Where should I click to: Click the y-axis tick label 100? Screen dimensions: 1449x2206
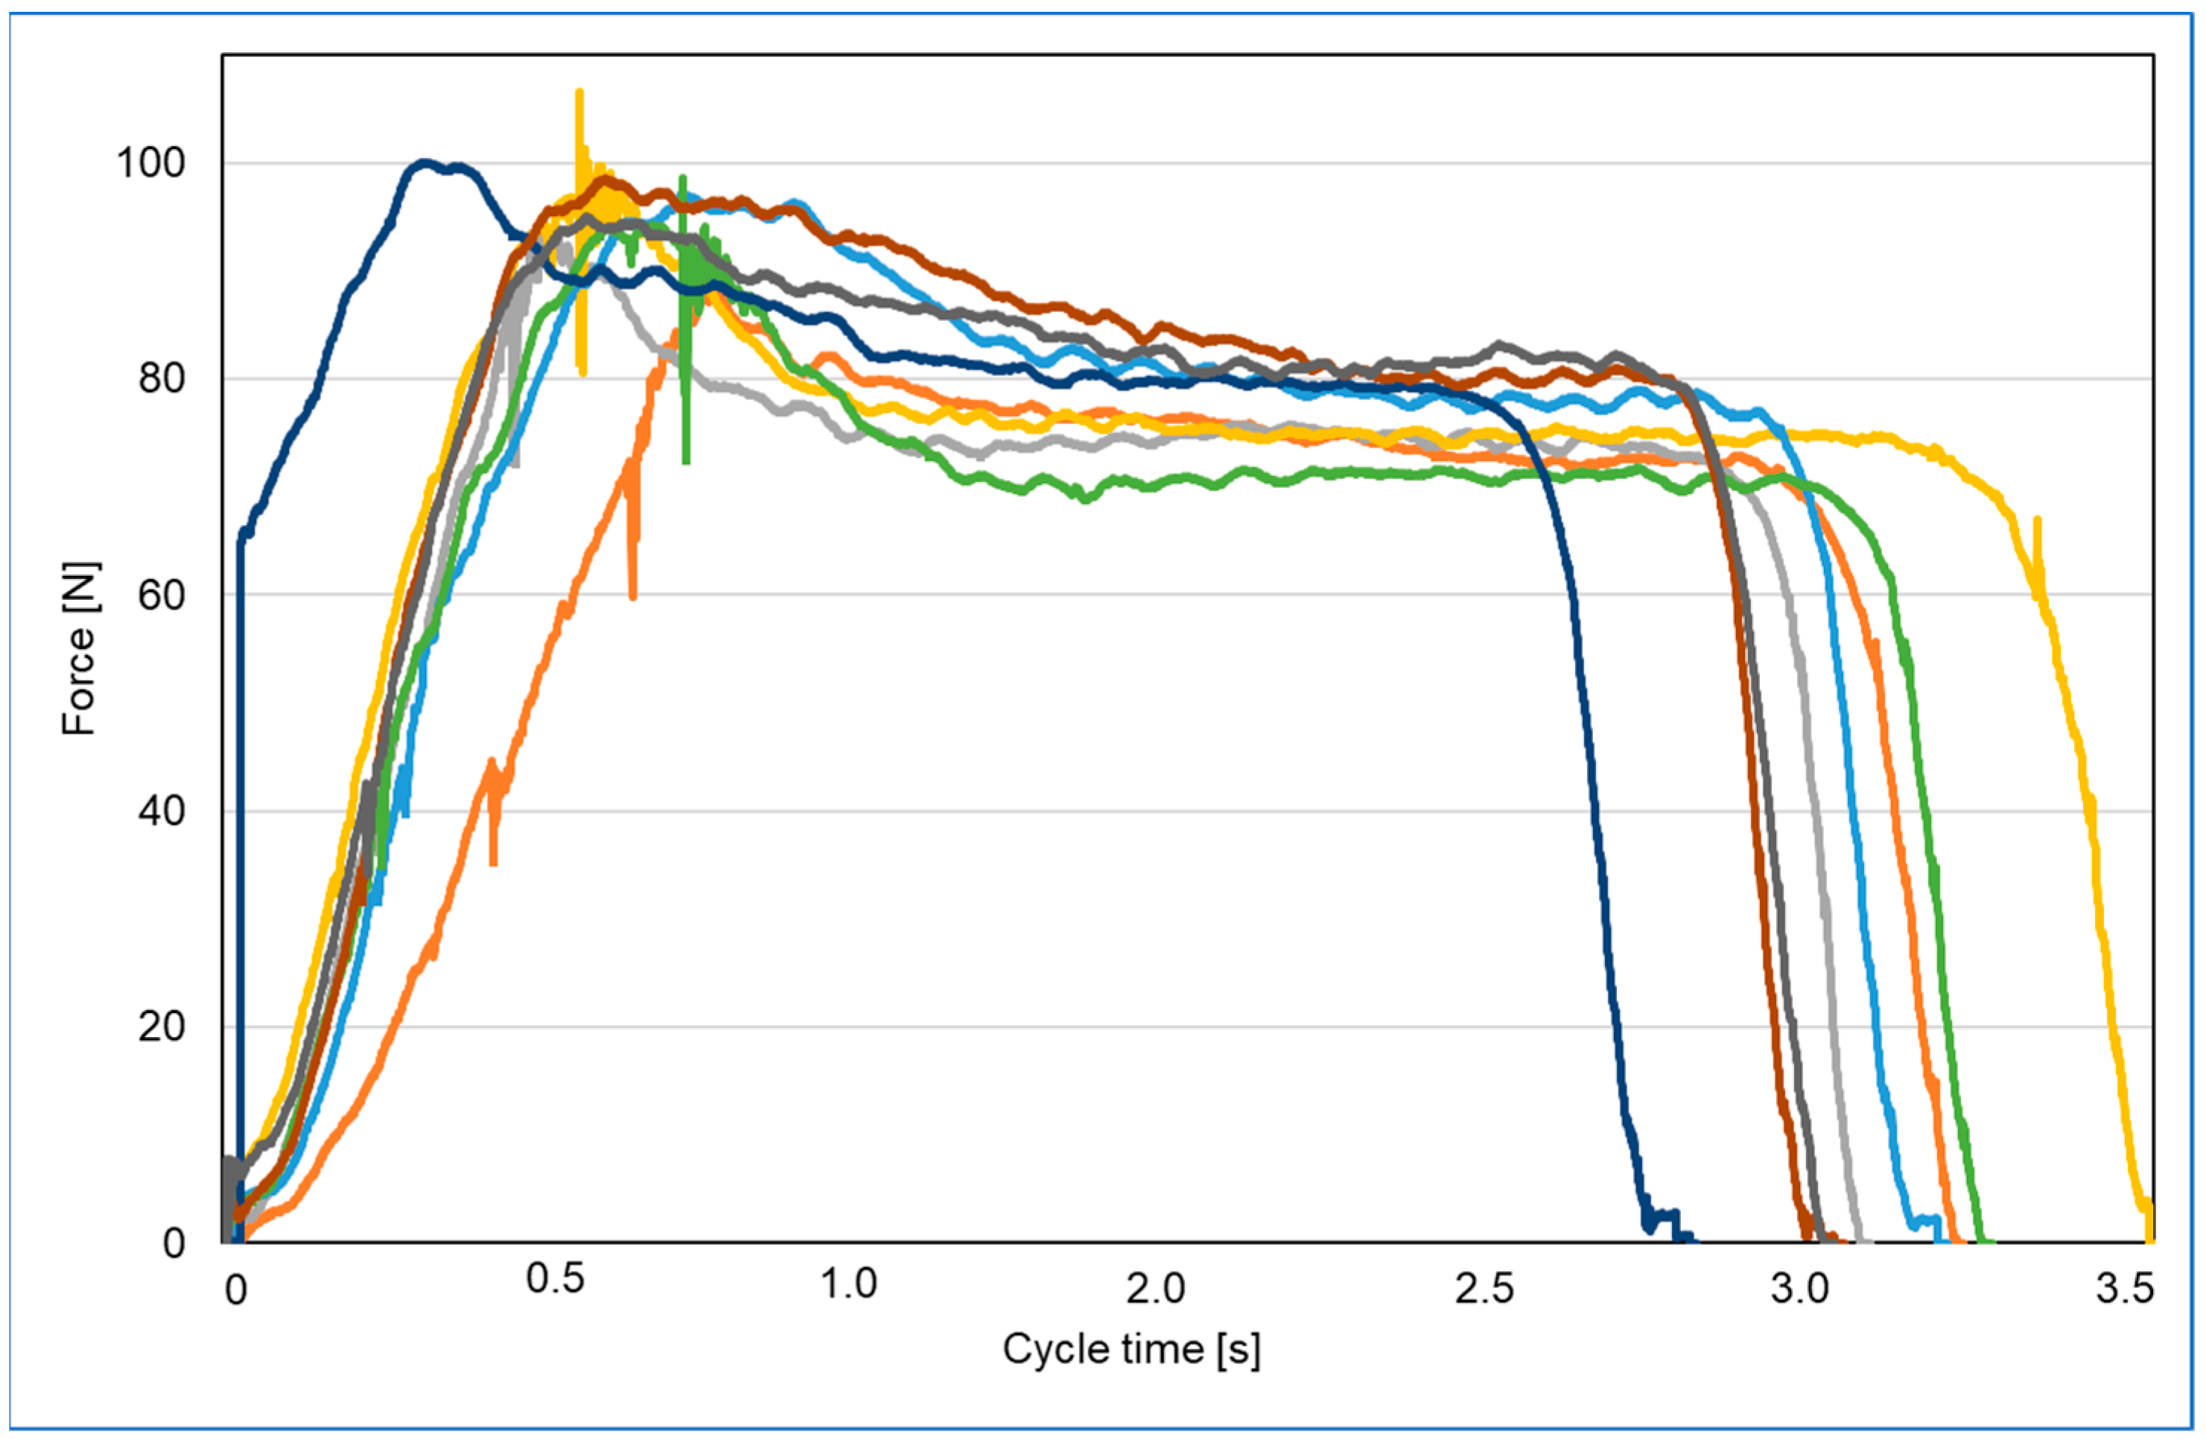(x=150, y=162)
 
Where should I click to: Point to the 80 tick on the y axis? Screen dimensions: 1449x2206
(x=162, y=378)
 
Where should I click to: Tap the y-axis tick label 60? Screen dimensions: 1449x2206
(x=162, y=594)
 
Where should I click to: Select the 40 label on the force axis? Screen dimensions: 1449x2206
(x=162, y=811)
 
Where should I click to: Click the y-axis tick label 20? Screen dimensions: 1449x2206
(x=162, y=1027)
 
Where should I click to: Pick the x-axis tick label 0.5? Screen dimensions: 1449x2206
(x=554, y=1279)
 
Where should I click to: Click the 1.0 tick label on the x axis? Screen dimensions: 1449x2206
(x=848, y=1284)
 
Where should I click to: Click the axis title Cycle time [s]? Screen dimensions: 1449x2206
(x=1131, y=1349)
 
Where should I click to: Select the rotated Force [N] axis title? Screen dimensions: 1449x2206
(x=80, y=649)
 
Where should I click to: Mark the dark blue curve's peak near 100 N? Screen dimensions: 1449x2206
(x=425, y=163)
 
